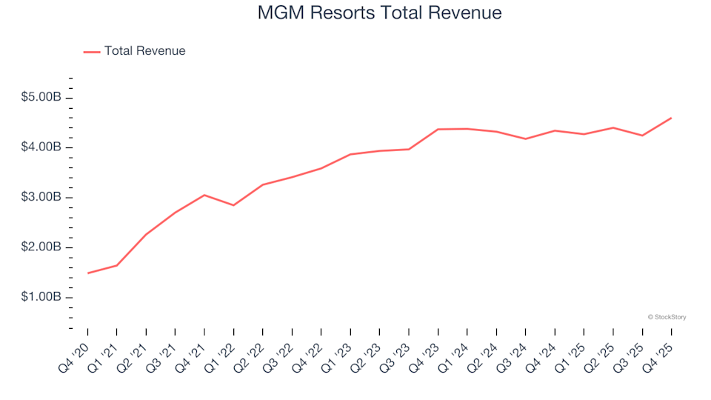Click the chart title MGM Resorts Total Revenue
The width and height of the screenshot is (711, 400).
[x=379, y=13]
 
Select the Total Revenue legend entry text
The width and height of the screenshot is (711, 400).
[x=144, y=51]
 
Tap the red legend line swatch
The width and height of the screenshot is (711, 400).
[x=92, y=52]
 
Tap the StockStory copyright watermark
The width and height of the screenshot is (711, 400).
[x=667, y=317]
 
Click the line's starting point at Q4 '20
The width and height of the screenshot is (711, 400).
[x=88, y=273]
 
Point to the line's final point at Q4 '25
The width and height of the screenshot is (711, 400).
[x=671, y=118]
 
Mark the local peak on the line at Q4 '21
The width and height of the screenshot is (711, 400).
[x=204, y=195]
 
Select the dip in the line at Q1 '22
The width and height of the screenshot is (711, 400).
[x=234, y=205]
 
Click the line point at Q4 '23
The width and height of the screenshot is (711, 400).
[x=438, y=130]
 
